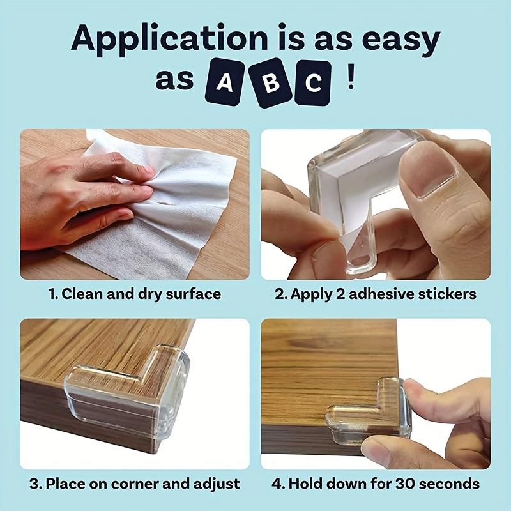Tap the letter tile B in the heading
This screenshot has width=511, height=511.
coord(270,83)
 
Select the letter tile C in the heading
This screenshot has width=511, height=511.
coord(313,83)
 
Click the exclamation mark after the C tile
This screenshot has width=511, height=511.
coord(351,82)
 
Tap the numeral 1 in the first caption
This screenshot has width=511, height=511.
coord(52,294)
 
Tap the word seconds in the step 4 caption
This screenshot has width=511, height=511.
coord(450,484)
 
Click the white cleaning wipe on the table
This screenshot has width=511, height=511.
coord(172,211)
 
